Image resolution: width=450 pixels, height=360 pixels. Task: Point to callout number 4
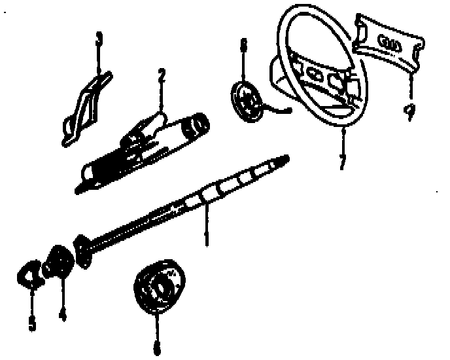click(x=63, y=315)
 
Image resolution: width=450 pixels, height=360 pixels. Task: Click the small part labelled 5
click(x=30, y=274)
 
